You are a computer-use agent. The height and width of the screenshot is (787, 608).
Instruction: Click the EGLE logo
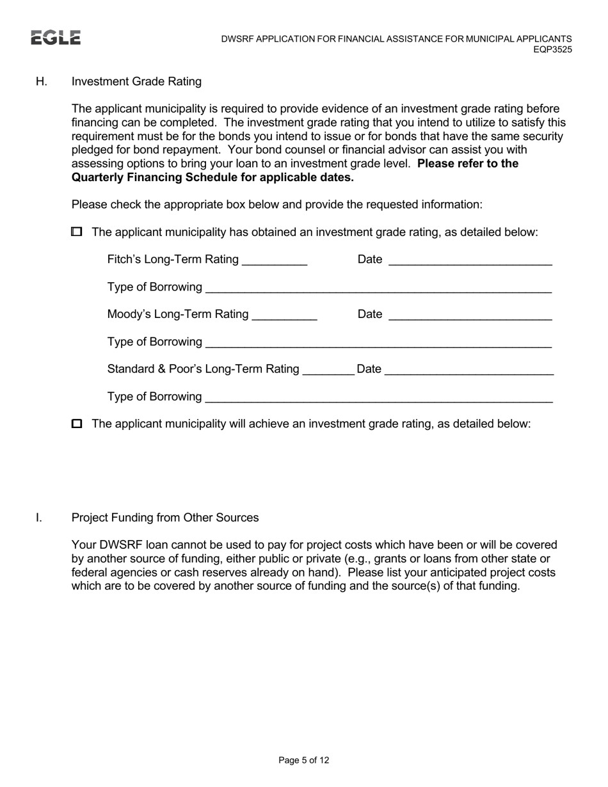click(56, 38)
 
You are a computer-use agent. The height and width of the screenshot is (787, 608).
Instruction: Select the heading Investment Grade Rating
click(136, 81)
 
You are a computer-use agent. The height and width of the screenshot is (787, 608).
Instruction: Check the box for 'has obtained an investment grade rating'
click(77, 232)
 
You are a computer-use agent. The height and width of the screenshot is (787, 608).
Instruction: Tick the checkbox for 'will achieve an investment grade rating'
click(77, 424)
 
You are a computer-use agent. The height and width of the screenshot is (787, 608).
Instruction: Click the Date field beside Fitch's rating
click(470, 260)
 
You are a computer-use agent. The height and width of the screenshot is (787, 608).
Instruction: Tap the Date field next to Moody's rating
click(470, 314)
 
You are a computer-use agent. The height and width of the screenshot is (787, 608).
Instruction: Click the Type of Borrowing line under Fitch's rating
click(378, 287)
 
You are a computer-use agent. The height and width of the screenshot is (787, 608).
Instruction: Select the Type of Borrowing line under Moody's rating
click(378, 342)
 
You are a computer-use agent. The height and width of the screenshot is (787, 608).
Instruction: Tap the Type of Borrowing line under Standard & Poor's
click(378, 397)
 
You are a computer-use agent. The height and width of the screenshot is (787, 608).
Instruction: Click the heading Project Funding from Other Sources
click(165, 518)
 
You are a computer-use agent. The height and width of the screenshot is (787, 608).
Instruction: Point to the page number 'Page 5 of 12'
click(304, 760)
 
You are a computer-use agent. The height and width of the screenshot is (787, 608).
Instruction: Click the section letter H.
click(42, 81)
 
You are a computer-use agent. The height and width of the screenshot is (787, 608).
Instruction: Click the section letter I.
click(39, 518)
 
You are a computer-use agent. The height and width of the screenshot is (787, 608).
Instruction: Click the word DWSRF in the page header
click(239, 39)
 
